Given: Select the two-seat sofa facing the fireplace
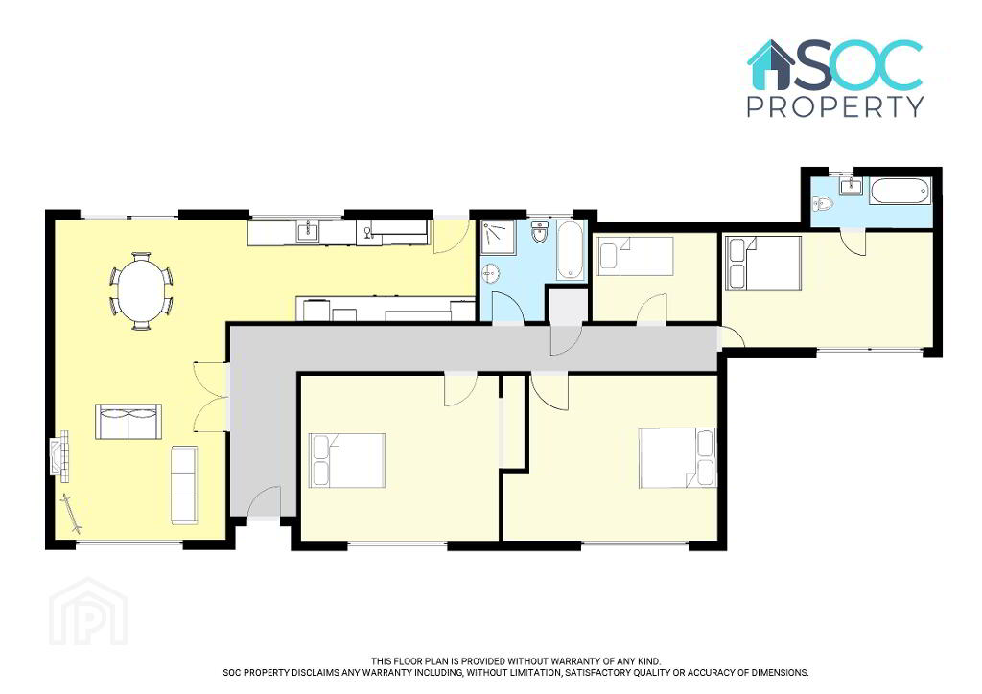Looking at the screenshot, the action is (129, 421).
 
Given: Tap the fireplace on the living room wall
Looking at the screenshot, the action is (59, 456).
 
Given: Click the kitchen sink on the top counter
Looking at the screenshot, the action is (309, 232).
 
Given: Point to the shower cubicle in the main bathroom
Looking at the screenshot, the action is (498, 237).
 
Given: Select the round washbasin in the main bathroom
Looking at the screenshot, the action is (491, 273).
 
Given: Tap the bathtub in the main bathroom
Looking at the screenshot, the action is (570, 250).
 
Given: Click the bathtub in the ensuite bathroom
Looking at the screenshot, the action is (900, 191).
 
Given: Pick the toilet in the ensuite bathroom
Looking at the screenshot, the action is (823, 204).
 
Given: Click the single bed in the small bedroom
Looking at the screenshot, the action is (635, 256).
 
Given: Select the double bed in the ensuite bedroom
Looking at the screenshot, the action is (763, 263).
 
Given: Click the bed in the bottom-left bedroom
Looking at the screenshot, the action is (347, 460).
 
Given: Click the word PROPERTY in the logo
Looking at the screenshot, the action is (835, 106).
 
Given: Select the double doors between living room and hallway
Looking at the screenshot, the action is (210, 396).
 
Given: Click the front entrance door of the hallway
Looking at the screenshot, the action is (264, 502).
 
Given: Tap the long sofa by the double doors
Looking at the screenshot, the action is (185, 485).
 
